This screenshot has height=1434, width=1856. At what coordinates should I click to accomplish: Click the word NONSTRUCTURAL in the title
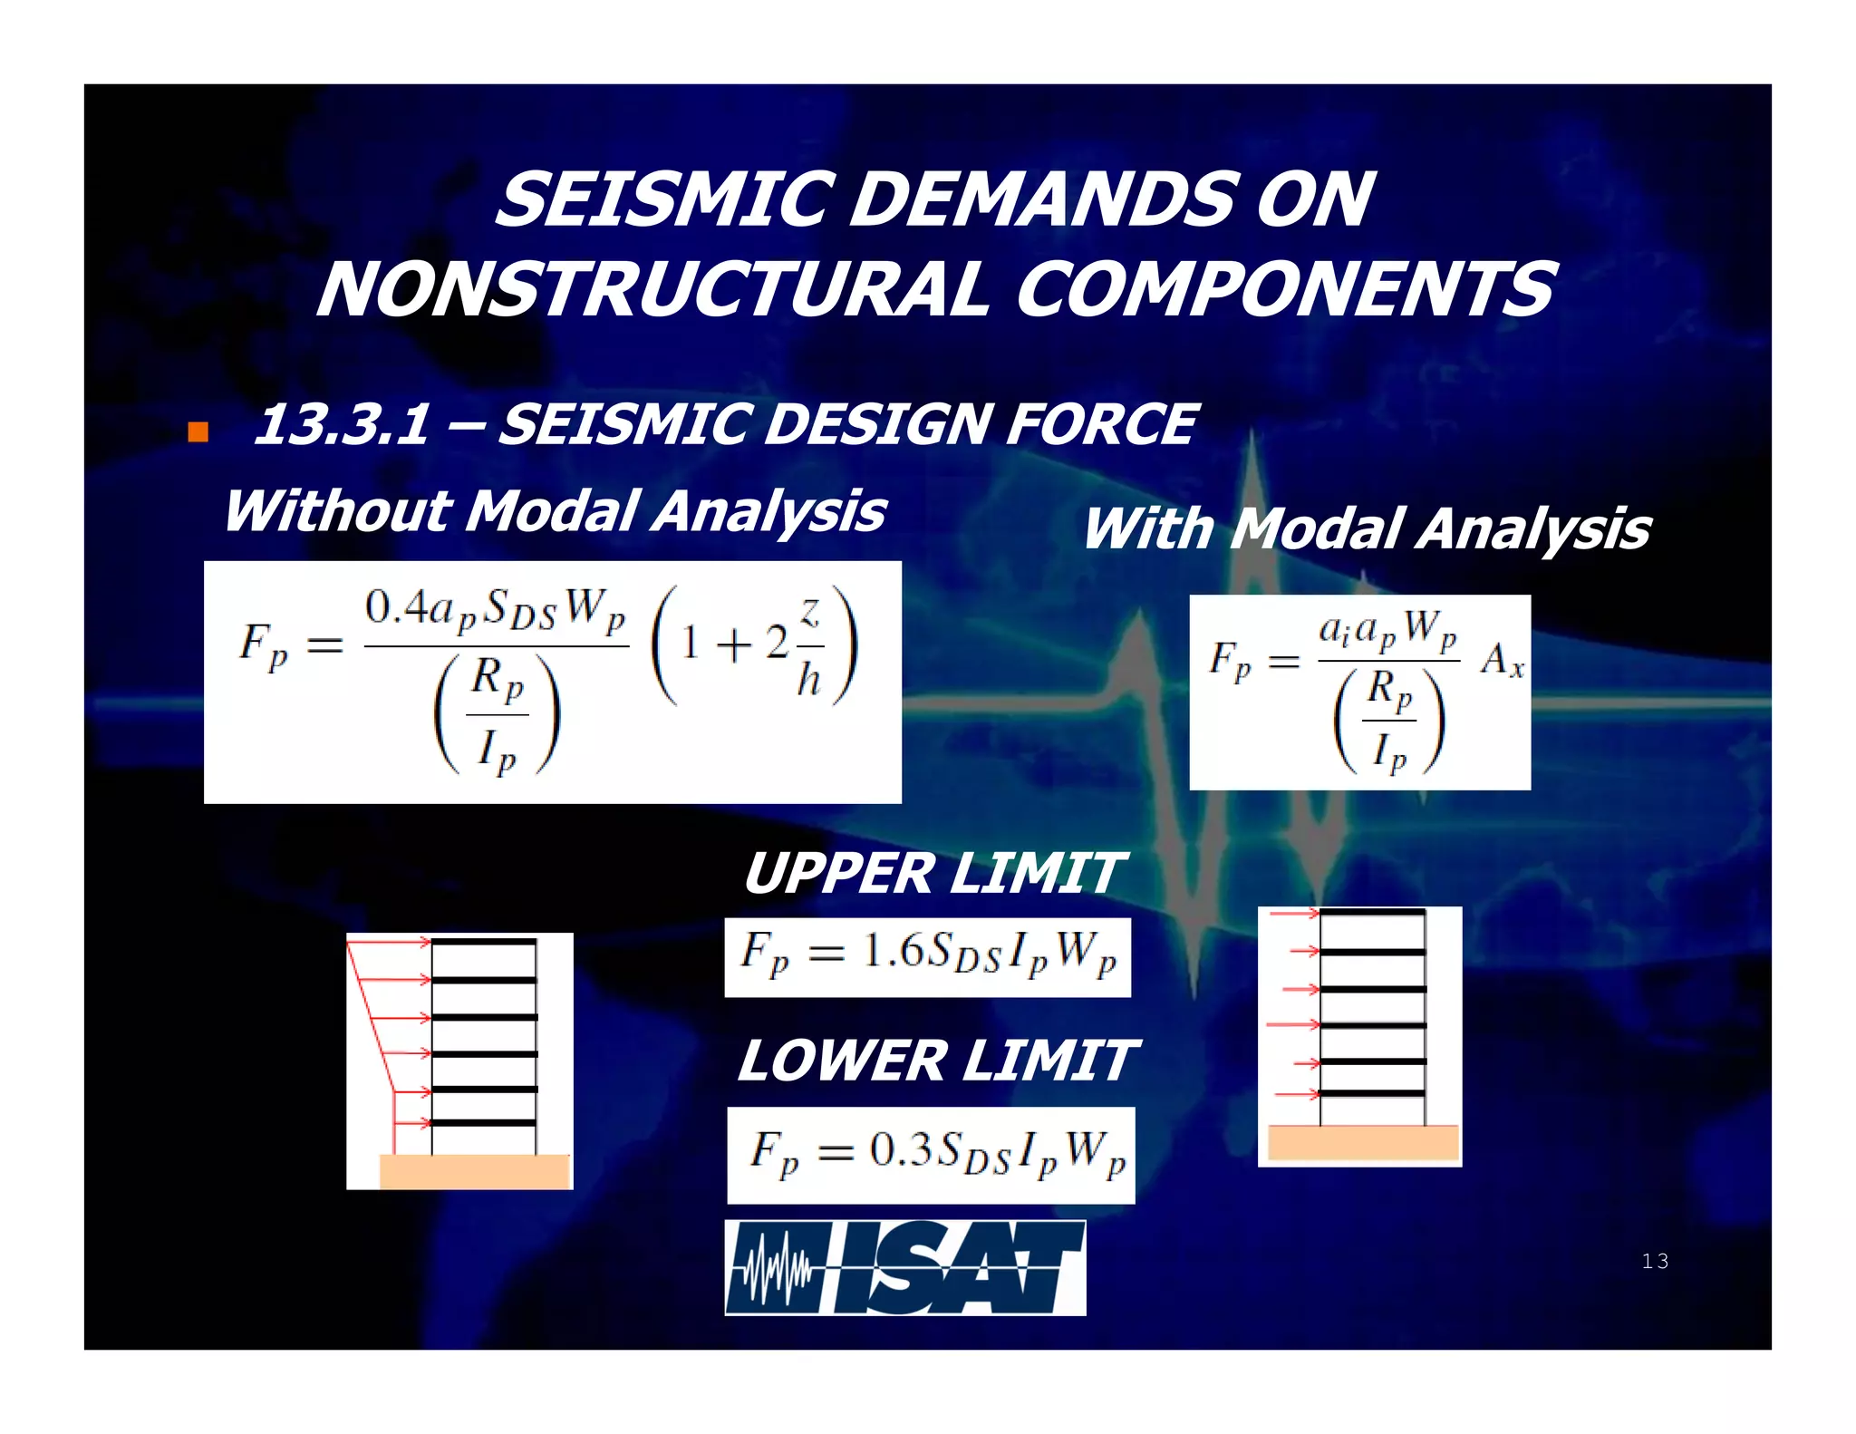[x=652, y=290]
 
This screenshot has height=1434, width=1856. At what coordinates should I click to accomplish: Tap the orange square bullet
[x=198, y=431]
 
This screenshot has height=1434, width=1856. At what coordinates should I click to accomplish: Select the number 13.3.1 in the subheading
[x=343, y=424]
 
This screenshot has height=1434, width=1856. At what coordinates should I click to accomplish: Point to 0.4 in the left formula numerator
[x=395, y=606]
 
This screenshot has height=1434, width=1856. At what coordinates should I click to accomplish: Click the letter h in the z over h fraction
[x=808, y=679]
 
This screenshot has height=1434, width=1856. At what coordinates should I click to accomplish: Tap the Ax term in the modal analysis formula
[x=1502, y=661]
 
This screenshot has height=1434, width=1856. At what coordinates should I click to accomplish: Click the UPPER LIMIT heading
[x=933, y=874]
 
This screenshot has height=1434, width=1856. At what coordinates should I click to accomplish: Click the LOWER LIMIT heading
[x=936, y=1061]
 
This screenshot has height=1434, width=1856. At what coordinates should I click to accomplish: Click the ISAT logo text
[x=961, y=1268]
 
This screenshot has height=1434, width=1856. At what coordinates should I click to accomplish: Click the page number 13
[x=1654, y=1261]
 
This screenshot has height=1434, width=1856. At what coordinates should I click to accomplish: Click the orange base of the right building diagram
[x=1363, y=1142]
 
